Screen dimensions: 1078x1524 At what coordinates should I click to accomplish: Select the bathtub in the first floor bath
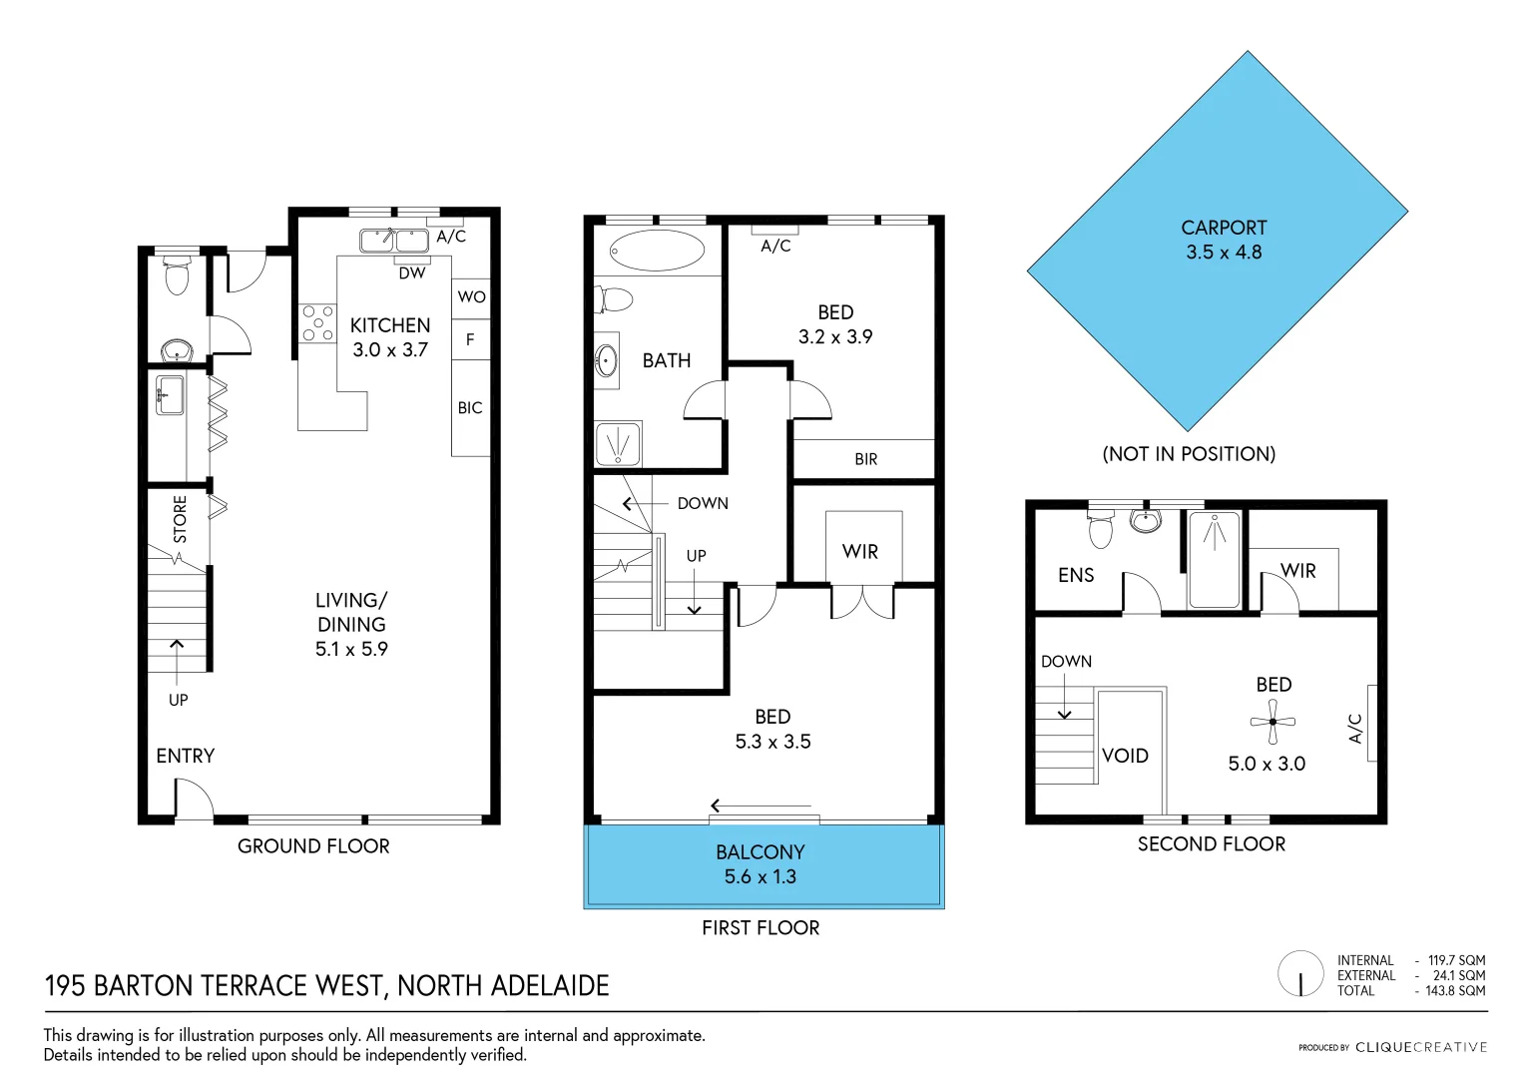(657, 251)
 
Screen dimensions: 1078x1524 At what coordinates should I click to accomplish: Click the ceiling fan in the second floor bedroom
(1272, 721)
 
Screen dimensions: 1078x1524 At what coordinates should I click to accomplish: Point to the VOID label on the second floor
(1125, 756)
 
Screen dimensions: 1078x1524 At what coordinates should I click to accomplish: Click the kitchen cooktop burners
(317, 323)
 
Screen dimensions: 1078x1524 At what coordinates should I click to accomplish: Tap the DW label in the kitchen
(412, 273)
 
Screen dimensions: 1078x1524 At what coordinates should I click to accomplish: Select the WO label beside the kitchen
(471, 296)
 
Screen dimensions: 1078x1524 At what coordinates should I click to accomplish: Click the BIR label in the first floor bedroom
(865, 459)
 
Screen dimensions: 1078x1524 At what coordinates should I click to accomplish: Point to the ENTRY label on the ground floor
(186, 756)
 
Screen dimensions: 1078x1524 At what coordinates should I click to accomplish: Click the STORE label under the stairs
(180, 519)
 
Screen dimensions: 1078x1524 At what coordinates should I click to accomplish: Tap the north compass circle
(1300, 974)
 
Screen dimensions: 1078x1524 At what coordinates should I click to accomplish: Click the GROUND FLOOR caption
(313, 846)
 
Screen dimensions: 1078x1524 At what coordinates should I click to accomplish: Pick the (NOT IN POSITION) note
(1189, 454)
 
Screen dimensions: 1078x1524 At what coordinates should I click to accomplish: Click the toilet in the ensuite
(1100, 529)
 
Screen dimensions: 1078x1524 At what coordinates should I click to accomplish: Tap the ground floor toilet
(177, 275)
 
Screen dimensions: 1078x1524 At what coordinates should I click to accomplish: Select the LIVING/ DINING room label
(351, 624)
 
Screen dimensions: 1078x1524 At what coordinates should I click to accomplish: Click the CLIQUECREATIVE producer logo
(1420, 1047)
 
